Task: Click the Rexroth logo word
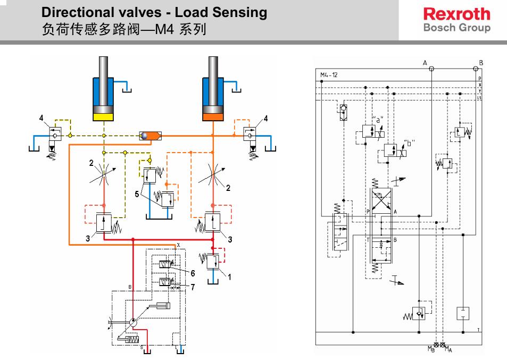(x=456, y=14)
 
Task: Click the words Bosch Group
(x=456, y=28)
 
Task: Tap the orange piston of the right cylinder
(x=213, y=115)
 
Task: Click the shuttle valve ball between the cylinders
(x=144, y=136)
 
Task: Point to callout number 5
(x=137, y=195)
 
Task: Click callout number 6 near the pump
(x=193, y=273)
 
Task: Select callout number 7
(x=193, y=287)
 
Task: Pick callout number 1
(x=229, y=276)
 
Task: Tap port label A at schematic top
(x=425, y=63)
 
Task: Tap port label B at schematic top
(x=481, y=63)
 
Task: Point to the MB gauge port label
(x=431, y=349)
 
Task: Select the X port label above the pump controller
(x=179, y=245)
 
